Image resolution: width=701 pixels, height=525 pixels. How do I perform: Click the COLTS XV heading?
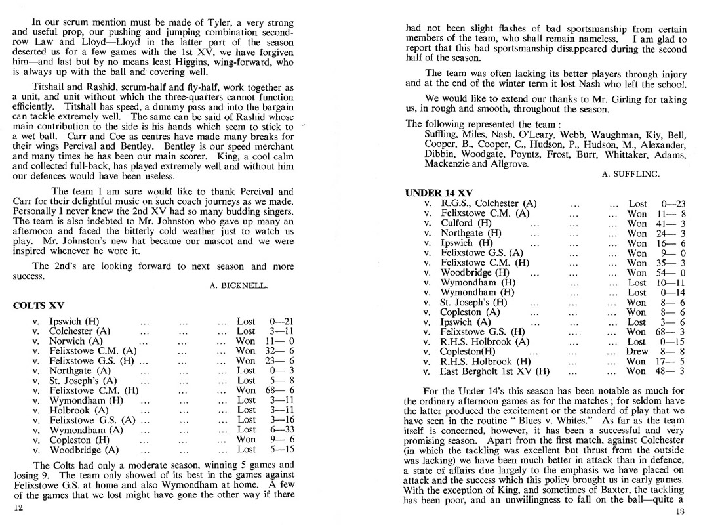[x=38, y=305]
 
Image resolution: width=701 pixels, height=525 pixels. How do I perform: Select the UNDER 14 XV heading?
[x=439, y=192]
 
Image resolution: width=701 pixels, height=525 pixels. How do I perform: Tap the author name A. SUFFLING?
[x=630, y=174]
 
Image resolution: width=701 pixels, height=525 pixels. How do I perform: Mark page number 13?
[x=681, y=511]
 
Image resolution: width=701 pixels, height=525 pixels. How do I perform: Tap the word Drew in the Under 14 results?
[x=637, y=351]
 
